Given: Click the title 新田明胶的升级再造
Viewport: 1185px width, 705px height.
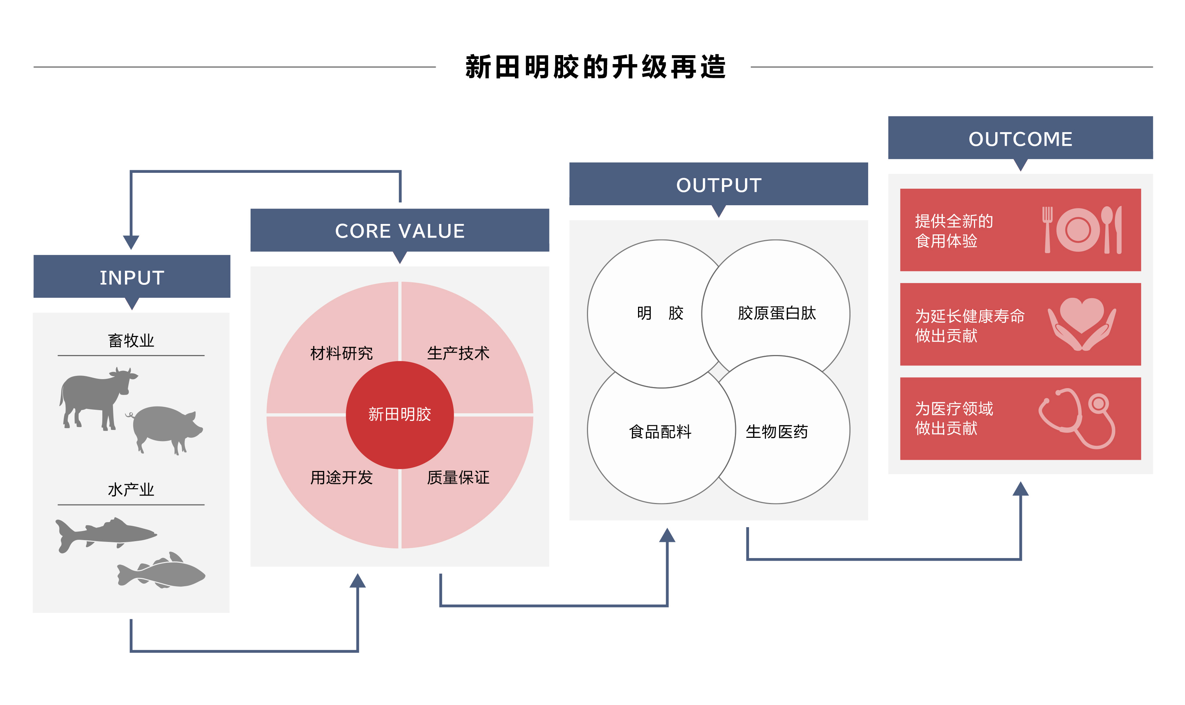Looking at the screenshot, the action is [595, 67].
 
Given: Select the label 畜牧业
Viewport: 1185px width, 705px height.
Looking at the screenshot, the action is [131, 340].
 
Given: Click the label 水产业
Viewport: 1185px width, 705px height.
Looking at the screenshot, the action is [131, 489].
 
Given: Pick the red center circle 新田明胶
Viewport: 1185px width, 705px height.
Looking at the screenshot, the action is [400, 415].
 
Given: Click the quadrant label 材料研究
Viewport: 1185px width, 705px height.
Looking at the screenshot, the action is [341, 353].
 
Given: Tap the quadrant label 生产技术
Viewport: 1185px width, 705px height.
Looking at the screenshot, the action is [458, 353].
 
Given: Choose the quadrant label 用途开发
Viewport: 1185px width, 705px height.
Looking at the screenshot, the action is [341, 477].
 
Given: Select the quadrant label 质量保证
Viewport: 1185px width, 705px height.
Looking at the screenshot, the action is [458, 477].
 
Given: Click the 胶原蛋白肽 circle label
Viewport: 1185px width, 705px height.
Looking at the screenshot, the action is [777, 313].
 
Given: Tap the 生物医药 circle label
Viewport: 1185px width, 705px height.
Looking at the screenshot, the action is [777, 431].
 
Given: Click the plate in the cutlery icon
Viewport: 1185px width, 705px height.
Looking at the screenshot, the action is [1078, 230].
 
